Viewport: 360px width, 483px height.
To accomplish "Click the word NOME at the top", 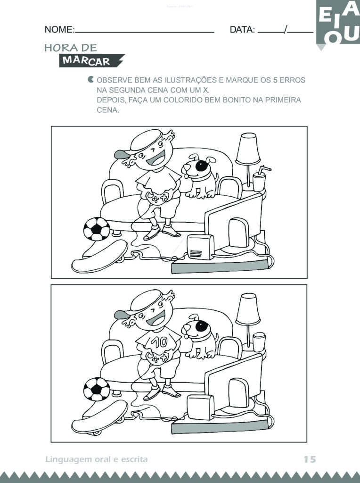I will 59,30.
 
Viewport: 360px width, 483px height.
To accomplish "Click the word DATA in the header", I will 242,30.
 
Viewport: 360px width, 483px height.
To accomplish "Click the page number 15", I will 309,459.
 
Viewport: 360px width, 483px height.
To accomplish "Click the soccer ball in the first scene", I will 97,229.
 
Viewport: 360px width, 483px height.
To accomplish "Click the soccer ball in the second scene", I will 97,389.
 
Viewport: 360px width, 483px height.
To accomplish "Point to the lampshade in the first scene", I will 248,149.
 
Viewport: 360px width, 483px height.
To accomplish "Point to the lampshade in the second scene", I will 248,309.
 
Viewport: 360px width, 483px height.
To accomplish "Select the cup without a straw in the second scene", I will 259,341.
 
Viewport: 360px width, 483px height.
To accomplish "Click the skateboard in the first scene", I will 100,257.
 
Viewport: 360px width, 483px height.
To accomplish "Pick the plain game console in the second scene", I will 200,407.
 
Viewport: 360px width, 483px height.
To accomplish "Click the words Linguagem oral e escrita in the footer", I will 97,459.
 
